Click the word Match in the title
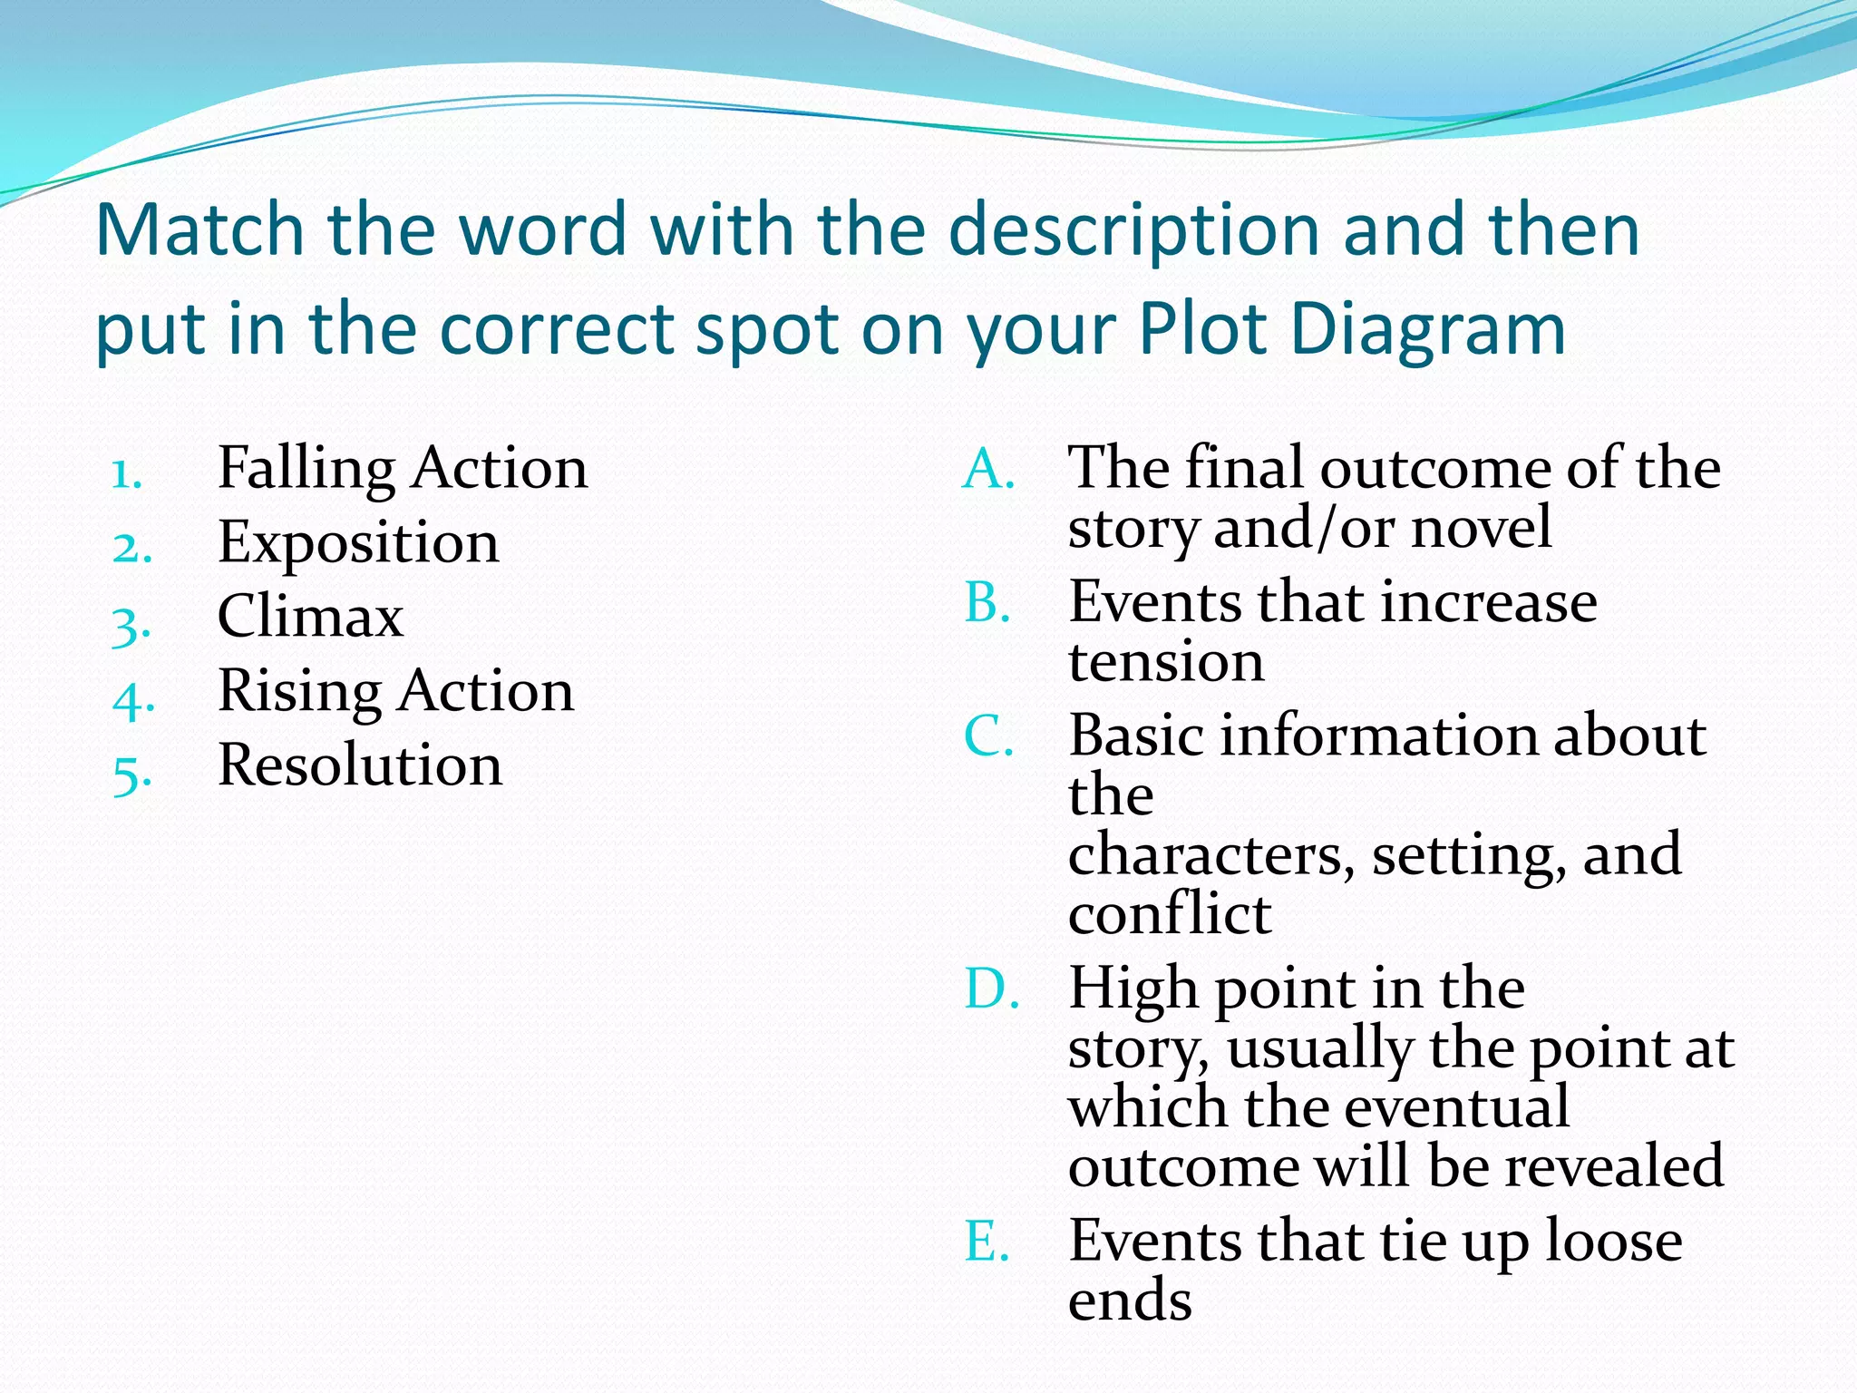[199, 229]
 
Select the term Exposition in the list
[358, 543]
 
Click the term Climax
[310, 617]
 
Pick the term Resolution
[360, 765]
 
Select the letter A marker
[987, 470]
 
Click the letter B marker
[987, 603]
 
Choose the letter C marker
[987, 736]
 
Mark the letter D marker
[990, 989]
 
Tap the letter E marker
[987, 1242]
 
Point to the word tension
[1166, 661]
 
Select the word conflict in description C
[1169, 913]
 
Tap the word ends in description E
[1130, 1300]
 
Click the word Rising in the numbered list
[300, 693]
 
